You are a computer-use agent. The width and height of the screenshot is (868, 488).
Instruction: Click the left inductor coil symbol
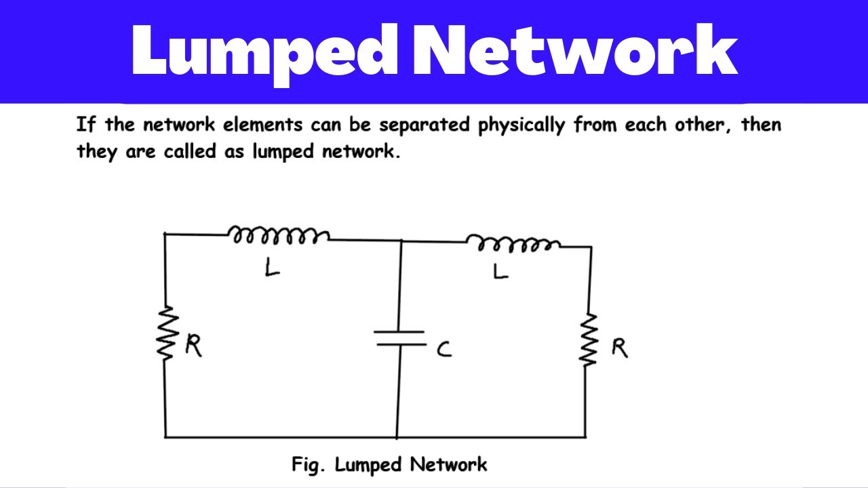click(279, 236)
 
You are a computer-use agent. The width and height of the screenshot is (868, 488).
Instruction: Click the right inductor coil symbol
click(512, 243)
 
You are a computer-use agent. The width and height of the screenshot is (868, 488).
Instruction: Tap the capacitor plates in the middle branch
click(400, 338)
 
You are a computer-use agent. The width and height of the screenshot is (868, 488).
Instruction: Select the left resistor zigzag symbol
click(166, 333)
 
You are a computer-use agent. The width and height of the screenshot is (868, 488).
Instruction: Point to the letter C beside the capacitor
click(444, 350)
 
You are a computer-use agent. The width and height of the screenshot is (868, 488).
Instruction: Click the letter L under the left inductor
click(272, 268)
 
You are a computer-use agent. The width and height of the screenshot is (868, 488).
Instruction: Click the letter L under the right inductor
click(500, 271)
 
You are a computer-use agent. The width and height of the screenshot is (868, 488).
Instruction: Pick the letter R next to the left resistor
click(193, 346)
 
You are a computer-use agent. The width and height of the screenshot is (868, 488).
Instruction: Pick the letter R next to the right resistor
click(619, 348)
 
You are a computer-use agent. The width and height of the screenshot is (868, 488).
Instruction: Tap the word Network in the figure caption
click(448, 464)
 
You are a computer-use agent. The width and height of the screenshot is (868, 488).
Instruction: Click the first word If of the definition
click(85, 125)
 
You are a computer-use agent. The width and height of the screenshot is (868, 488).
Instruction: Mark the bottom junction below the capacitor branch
click(397, 437)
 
